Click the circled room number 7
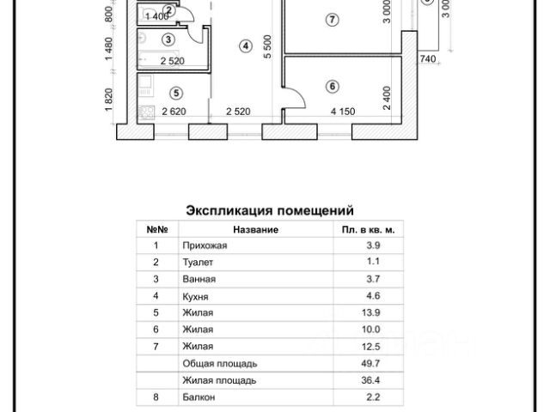coord(332,20)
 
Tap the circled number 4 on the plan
coord(246,45)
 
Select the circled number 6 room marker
coord(333,86)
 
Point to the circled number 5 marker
coord(176,94)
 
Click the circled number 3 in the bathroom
coord(168,39)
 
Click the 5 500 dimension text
coord(267,46)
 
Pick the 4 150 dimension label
coord(343,112)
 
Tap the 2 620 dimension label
coord(174,112)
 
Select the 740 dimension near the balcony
coord(428,59)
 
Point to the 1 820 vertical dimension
coord(109,100)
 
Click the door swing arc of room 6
coord(298,96)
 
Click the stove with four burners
coord(146,112)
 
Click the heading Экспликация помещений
coord(270,210)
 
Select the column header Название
coord(256,229)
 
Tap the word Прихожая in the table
coord(205,245)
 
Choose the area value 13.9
coord(371,312)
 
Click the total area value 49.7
coord(371,363)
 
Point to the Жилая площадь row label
coord(219,380)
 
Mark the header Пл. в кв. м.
coord(369,230)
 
